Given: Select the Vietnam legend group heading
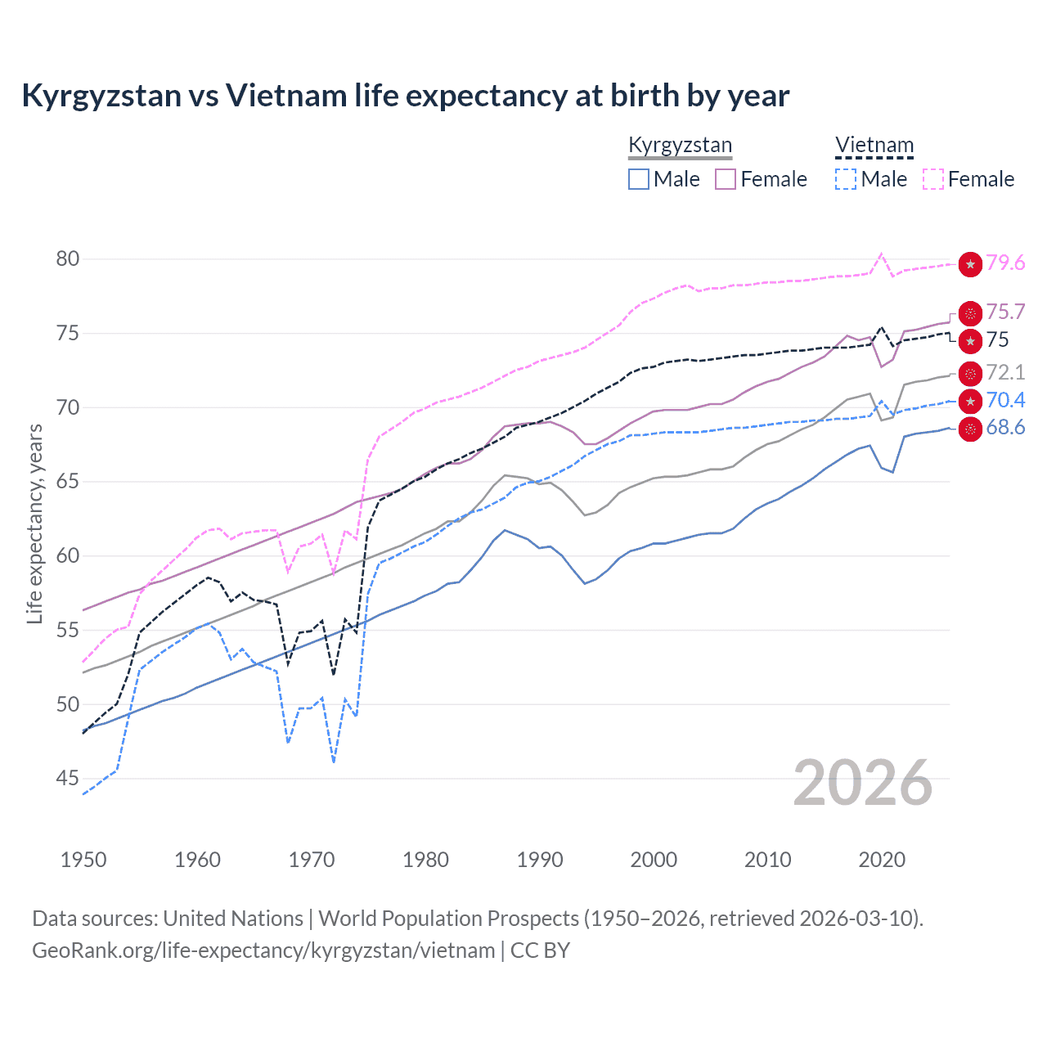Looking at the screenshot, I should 874,145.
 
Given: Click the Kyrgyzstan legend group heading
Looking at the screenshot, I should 680,145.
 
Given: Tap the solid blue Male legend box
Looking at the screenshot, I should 639,179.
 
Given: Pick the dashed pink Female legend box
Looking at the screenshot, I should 933,179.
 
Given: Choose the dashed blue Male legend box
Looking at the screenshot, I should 846,179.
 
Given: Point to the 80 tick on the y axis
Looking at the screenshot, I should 68,259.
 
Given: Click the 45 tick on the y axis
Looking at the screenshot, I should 68,779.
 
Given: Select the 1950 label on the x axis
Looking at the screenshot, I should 83,860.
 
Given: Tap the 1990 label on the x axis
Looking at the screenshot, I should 540,860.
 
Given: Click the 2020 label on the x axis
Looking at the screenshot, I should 882,860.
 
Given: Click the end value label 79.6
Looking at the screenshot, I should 1005,263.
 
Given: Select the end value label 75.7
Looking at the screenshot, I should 1005,312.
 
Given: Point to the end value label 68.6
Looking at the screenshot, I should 1005,428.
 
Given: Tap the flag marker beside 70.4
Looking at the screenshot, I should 970,401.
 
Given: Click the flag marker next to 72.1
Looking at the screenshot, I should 970,374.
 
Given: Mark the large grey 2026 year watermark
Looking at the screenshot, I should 863,784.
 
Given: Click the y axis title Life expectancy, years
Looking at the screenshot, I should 35,523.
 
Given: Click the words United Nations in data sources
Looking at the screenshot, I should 233,919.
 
